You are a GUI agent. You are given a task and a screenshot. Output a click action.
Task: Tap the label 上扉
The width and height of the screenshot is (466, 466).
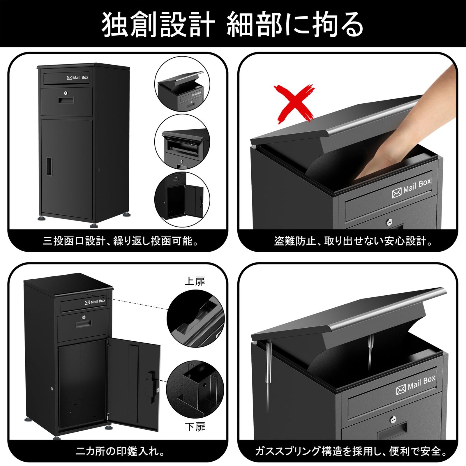pos(195,281)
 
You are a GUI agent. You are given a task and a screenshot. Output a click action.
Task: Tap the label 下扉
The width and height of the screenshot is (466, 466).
pos(195,427)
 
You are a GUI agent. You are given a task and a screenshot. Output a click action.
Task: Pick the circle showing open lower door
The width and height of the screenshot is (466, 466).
pos(182,200)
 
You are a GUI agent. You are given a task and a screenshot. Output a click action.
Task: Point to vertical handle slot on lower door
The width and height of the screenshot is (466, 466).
pos(49,167)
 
